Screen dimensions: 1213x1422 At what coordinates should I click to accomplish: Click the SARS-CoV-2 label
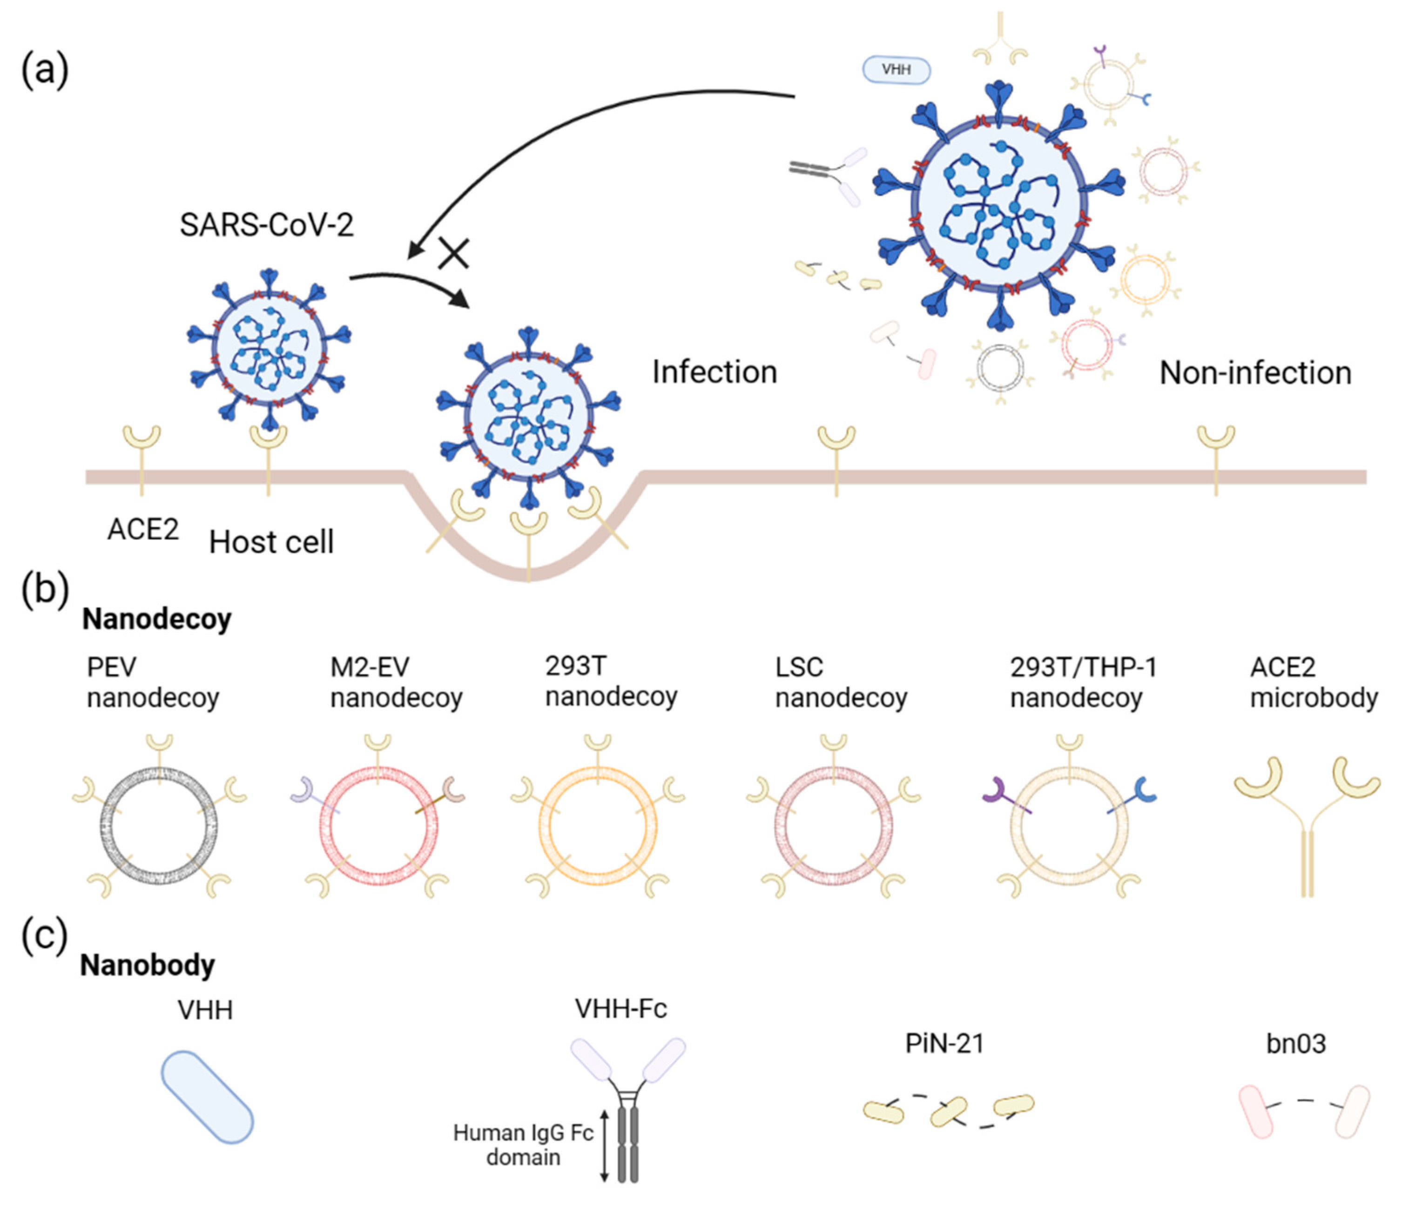[266, 225]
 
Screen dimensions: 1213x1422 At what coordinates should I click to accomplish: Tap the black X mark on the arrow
[454, 253]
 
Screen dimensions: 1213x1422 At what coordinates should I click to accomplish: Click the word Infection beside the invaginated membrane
[714, 372]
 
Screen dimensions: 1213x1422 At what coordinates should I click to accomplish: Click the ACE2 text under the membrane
[143, 529]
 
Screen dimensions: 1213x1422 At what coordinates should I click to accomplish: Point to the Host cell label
[271, 542]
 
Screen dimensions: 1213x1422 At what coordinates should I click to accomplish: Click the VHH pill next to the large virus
[896, 70]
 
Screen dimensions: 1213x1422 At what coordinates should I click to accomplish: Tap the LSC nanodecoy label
[841, 681]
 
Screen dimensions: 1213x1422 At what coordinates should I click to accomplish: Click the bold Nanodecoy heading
[156, 619]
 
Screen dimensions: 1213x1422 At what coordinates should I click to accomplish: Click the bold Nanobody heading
[148, 965]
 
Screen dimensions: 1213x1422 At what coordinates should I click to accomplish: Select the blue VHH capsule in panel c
[207, 1096]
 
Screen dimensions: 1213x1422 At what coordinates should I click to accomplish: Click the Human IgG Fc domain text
[523, 1145]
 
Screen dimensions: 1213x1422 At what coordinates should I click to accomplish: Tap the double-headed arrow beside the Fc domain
[604, 1145]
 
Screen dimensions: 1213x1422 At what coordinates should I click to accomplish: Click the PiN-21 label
[944, 1044]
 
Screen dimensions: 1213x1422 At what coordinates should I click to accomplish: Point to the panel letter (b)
[45, 588]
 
